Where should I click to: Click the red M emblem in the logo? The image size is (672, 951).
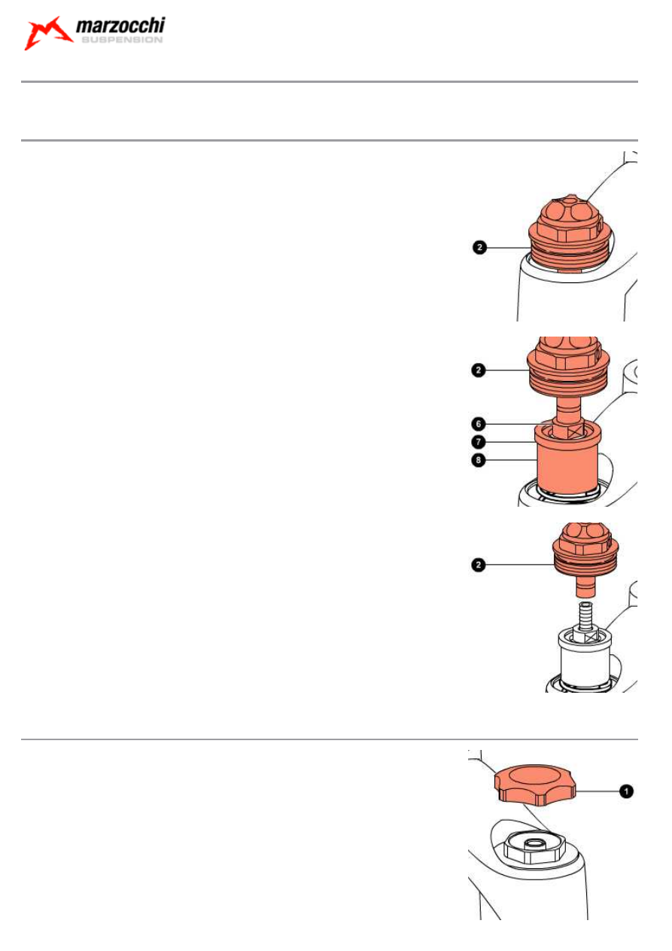tap(47, 34)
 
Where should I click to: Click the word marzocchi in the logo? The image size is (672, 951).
tap(120, 29)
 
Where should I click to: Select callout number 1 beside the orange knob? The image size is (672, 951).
tap(624, 791)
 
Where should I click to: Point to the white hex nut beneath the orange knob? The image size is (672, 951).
tap(537, 849)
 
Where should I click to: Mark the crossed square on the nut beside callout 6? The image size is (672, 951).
tap(579, 431)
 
